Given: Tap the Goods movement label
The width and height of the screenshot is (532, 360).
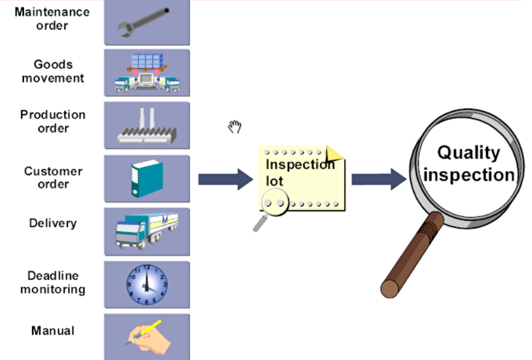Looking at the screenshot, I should (x=53, y=71).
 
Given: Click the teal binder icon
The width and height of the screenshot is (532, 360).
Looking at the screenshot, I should (x=147, y=178).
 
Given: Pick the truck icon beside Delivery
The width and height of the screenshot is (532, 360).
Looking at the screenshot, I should (x=147, y=230).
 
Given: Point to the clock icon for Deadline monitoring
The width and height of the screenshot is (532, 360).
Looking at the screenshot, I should (x=147, y=284).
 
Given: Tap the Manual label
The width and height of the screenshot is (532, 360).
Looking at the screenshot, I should (x=53, y=330).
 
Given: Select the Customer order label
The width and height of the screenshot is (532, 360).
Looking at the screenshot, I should (x=53, y=177).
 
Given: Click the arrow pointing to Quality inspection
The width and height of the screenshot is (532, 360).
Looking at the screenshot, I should (x=378, y=179).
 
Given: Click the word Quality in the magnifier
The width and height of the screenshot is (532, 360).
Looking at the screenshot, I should (x=468, y=152).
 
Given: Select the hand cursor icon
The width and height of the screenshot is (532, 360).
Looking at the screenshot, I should (x=234, y=127).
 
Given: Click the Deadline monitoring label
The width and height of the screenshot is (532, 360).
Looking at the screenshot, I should (x=53, y=283).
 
